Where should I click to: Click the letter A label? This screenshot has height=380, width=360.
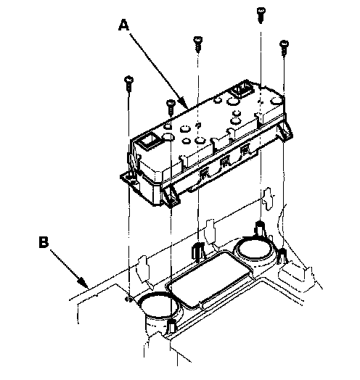click(x=123, y=25)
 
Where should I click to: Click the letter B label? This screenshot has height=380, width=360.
click(x=44, y=242)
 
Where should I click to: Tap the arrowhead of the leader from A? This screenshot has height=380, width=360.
click(x=184, y=104)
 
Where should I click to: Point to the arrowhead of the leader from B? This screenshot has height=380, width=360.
click(x=83, y=282)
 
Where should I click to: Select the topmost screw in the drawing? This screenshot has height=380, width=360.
click(x=261, y=15)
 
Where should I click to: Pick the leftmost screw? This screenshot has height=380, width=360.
click(x=128, y=84)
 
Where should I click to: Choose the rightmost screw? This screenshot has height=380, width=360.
click(x=284, y=48)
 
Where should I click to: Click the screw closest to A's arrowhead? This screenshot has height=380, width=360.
click(x=171, y=107)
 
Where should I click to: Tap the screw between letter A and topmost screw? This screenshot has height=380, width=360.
click(x=197, y=44)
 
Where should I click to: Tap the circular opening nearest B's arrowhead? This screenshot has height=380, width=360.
click(x=158, y=306)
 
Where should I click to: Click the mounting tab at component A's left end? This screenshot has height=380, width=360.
click(x=131, y=181)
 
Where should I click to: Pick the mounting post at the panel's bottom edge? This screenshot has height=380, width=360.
click(x=172, y=326)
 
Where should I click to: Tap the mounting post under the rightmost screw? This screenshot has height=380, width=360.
click(x=282, y=256)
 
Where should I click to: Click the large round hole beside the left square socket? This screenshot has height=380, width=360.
click(x=168, y=137)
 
